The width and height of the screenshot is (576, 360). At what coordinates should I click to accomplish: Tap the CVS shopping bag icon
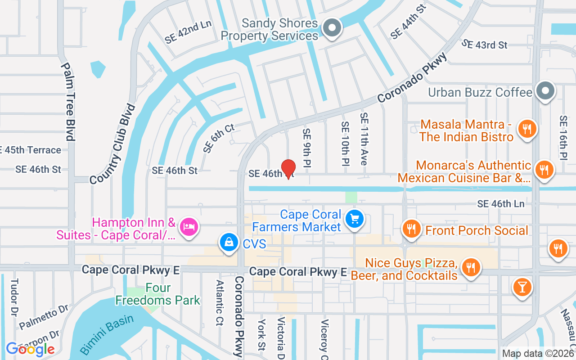[229, 242]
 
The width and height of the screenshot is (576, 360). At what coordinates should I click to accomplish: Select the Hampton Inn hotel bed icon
[188, 226]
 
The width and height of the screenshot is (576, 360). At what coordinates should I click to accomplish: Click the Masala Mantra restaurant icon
[526, 129]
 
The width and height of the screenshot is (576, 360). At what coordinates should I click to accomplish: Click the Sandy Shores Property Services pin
[332, 27]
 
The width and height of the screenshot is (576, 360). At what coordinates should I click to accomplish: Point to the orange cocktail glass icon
[522, 286]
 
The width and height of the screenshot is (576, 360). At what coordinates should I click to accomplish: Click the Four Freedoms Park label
[158, 294]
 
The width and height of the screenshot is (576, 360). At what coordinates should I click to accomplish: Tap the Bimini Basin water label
[107, 334]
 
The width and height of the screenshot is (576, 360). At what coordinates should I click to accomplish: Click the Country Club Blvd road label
[112, 144]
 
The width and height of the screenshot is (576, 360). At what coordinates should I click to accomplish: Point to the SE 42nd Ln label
[188, 32]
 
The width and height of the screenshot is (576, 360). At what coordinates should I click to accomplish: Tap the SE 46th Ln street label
[500, 204]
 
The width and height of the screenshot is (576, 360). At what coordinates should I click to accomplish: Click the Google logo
[30, 349]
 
